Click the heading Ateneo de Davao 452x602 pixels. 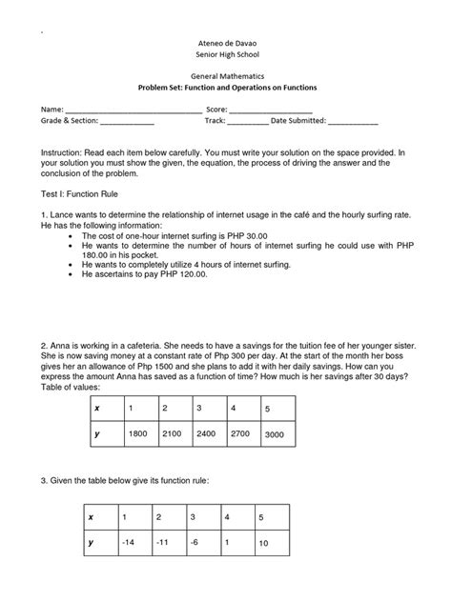[226, 44]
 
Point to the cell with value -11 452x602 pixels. [163, 542]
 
